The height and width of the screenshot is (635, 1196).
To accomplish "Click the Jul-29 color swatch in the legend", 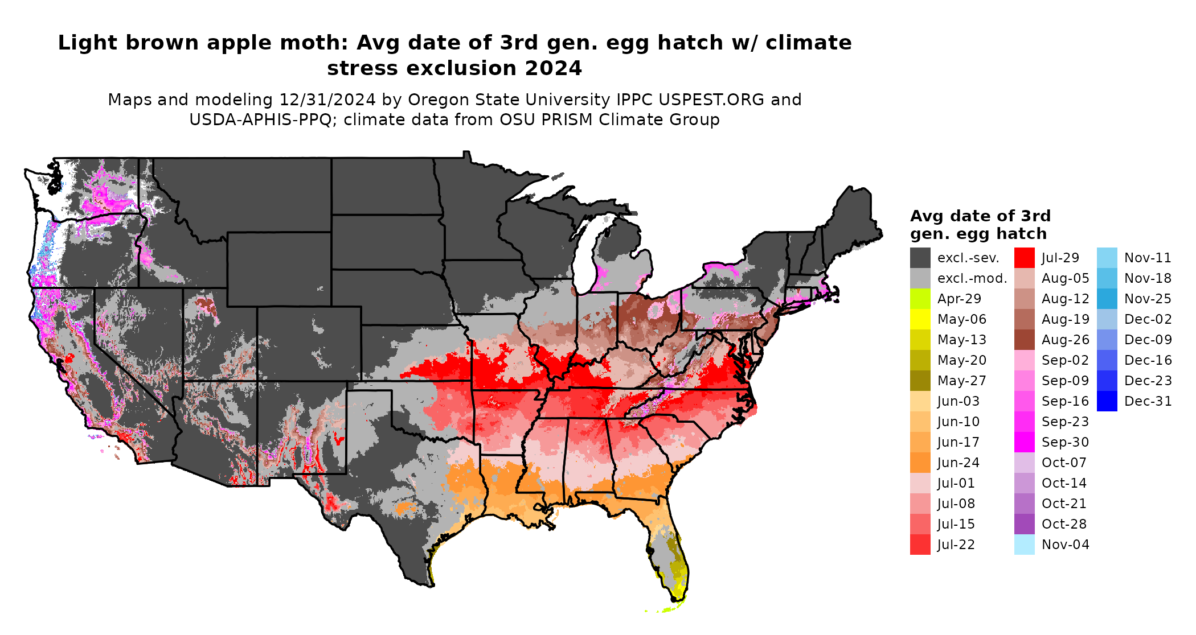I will point(1024,258).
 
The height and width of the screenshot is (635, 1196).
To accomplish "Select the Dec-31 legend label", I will point(1148,401).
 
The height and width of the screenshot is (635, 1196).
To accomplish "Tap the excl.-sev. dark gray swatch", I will point(920,258).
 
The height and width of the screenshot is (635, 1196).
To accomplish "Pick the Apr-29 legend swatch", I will point(920,299).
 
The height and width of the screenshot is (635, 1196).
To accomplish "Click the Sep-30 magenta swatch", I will point(1024,442).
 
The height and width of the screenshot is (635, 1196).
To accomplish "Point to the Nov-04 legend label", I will point(1065,545).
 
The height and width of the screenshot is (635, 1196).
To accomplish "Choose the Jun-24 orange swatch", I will point(920,463).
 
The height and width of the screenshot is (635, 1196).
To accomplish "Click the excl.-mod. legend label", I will point(972,278).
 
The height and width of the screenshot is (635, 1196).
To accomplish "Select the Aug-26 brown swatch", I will point(1024,340).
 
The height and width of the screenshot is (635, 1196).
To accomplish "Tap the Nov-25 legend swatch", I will point(1107,299).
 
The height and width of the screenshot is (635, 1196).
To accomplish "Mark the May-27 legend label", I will point(961,381).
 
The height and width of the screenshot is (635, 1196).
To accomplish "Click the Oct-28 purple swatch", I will point(1024,524).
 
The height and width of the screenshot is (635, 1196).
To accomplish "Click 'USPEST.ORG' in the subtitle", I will point(711,100).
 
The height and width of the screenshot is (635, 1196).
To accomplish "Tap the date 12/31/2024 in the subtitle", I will point(327,100).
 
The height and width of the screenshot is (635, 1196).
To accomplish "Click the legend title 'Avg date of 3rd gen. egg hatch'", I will point(980,225).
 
